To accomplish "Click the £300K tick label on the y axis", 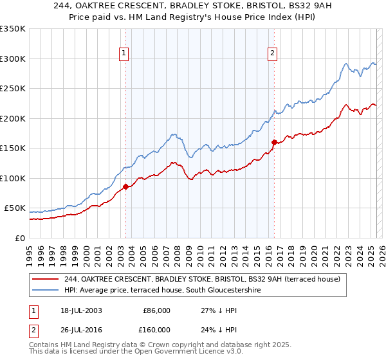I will (14, 59).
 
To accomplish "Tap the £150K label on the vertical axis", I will (14, 148).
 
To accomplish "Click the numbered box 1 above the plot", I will (124, 53).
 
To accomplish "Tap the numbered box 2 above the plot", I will (273, 53).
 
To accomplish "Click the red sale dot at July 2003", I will (126, 186).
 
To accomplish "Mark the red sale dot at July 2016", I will (275, 142).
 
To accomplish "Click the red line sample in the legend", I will (46, 279).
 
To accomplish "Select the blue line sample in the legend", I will (46, 290).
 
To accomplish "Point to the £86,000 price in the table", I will (156, 310).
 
